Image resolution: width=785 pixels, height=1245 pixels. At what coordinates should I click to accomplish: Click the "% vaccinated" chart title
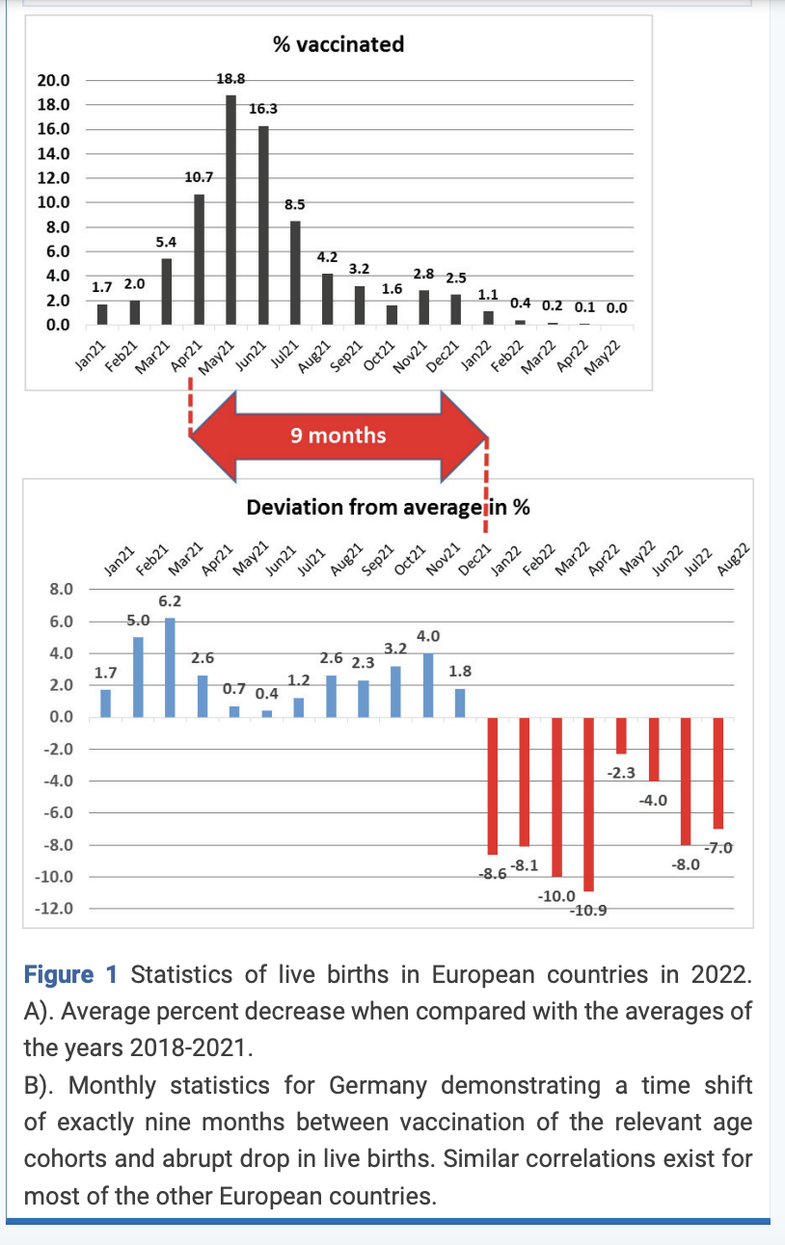pyautogui.click(x=338, y=44)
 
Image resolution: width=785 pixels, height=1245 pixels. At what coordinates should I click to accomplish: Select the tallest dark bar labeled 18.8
pyautogui.click(x=230, y=209)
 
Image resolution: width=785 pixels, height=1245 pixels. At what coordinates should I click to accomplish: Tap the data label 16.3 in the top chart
pyautogui.click(x=263, y=108)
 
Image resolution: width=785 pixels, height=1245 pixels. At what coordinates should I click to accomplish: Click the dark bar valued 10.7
pyautogui.click(x=199, y=259)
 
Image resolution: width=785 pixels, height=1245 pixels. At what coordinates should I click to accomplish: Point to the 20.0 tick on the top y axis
pyautogui.click(x=53, y=81)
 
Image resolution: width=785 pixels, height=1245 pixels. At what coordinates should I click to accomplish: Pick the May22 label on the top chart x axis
pyautogui.click(x=602, y=358)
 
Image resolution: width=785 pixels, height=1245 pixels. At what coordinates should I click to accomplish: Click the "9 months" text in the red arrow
pyautogui.click(x=338, y=436)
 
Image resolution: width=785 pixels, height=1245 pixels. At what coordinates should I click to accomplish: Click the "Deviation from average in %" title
pyautogui.click(x=388, y=508)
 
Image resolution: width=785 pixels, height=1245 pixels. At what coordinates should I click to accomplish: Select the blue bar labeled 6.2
pyautogui.click(x=171, y=668)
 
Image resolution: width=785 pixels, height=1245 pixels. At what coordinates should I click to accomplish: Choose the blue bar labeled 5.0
pyautogui.click(x=138, y=677)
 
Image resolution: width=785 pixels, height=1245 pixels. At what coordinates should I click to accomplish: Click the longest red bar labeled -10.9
pyautogui.click(x=588, y=805)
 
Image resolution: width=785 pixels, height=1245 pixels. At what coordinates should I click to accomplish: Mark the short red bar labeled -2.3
pyautogui.click(x=621, y=736)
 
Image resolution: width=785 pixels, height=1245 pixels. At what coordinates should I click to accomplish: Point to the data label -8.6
pyautogui.click(x=493, y=874)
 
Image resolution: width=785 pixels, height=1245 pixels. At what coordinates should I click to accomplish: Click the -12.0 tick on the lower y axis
pyautogui.click(x=54, y=909)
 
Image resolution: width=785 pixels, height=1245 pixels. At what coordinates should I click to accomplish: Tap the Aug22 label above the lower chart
pyautogui.click(x=733, y=559)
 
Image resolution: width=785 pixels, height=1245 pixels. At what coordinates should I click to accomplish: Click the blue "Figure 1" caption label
pyautogui.click(x=70, y=975)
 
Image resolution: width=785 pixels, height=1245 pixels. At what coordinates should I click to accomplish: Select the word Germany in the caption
pyautogui.click(x=378, y=1086)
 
